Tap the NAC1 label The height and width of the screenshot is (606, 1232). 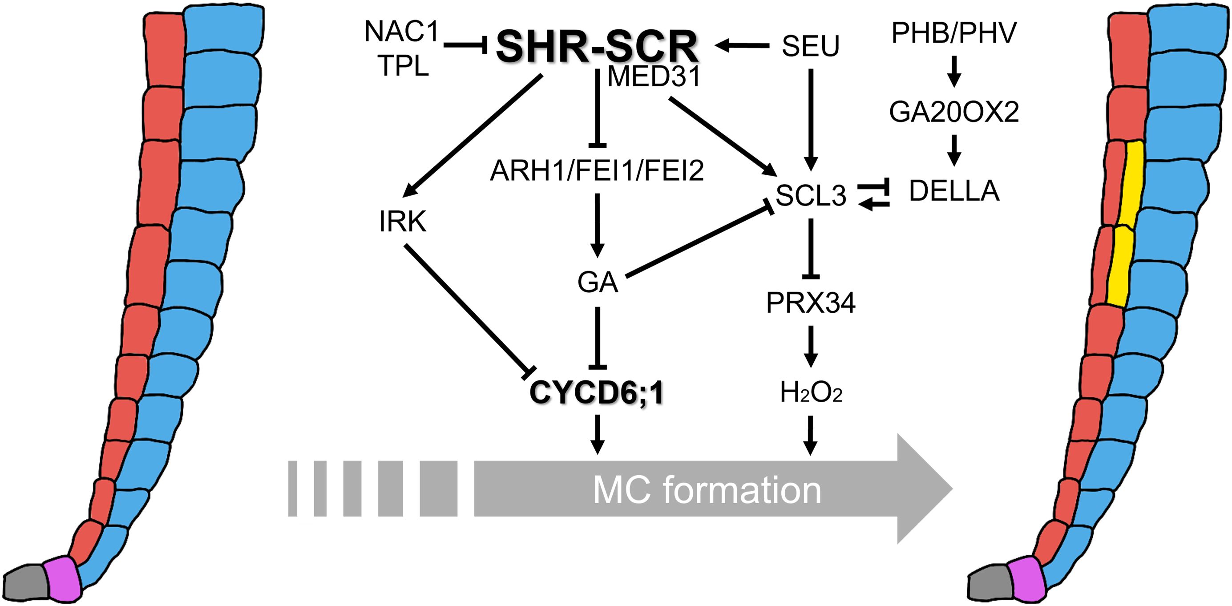402,32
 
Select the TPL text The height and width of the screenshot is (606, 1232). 403,66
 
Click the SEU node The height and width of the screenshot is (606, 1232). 811,46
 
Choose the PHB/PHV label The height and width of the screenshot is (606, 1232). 954,33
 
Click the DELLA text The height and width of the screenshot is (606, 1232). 954,191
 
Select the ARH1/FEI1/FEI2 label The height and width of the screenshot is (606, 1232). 597,171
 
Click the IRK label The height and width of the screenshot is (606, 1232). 403,222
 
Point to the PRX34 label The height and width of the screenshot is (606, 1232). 811,303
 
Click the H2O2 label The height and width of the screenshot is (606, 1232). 811,393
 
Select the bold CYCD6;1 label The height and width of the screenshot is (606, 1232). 597,393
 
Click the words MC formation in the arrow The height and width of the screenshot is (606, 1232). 707,490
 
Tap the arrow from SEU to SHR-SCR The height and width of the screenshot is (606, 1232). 742,46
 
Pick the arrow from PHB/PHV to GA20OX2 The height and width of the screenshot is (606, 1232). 954,72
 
